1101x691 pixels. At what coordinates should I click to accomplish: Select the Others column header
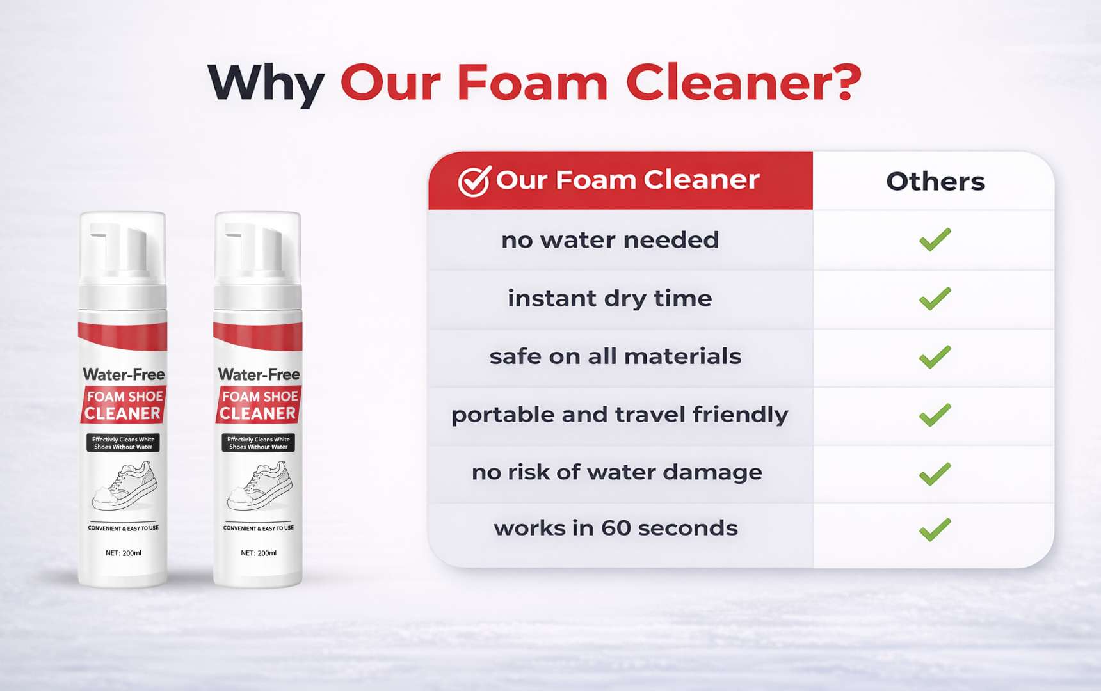pyautogui.click(x=935, y=182)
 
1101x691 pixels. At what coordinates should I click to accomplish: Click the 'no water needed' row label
pyautogui.click(x=610, y=240)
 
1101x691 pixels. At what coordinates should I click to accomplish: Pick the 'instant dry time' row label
pyautogui.click(x=609, y=299)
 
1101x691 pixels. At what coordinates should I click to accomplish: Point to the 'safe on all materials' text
pyautogui.click(x=615, y=356)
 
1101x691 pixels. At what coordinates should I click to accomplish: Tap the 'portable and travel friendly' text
pyautogui.click(x=620, y=415)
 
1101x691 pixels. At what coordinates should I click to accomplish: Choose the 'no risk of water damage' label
pyautogui.click(x=617, y=472)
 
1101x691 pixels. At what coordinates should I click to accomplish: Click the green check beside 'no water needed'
pyautogui.click(x=935, y=239)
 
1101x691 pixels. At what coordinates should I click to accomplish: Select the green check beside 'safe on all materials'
pyautogui.click(x=935, y=356)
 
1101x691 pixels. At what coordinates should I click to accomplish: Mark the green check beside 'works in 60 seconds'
pyautogui.click(x=935, y=530)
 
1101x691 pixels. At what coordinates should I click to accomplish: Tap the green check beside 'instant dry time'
pyautogui.click(x=935, y=298)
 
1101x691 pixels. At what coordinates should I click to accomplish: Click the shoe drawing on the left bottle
pyautogui.click(x=124, y=487)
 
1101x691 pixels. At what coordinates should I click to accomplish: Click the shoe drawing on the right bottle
pyautogui.click(x=259, y=487)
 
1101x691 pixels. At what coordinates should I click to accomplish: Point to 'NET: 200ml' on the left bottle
pyautogui.click(x=124, y=553)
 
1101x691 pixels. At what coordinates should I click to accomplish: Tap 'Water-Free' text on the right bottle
pyautogui.click(x=259, y=374)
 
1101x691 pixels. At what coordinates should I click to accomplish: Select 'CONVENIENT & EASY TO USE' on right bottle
pyautogui.click(x=259, y=528)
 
